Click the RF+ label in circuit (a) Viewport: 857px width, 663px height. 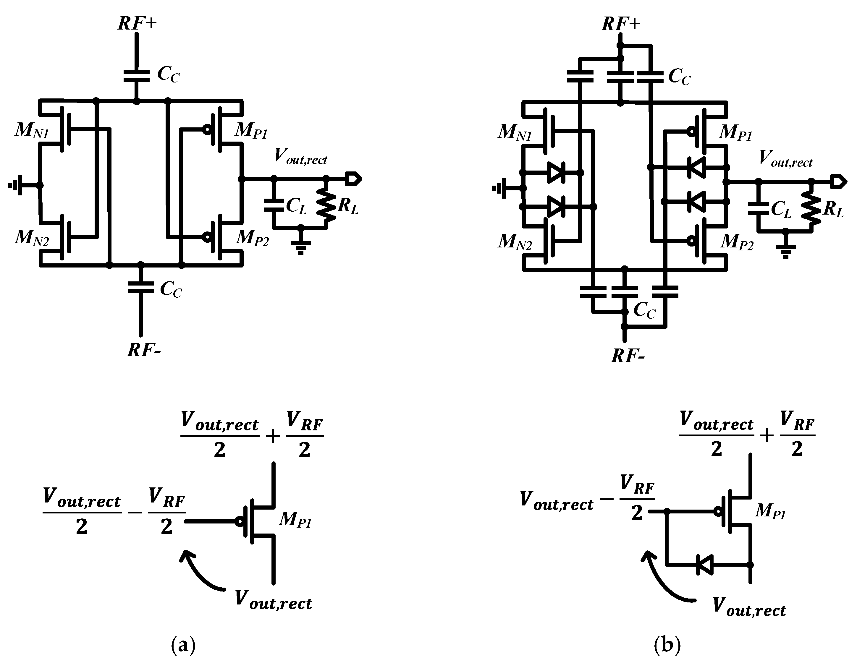[x=137, y=24]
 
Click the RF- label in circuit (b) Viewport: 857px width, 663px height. [x=628, y=356]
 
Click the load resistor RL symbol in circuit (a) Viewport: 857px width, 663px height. [x=326, y=204]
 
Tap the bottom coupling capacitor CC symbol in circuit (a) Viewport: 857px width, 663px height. [x=140, y=288]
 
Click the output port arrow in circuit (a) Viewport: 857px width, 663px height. [x=353, y=179]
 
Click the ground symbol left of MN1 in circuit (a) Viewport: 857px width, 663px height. [x=16, y=185]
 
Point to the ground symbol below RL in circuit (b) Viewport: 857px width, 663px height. [x=785, y=250]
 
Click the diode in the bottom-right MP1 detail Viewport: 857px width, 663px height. [x=705, y=565]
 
